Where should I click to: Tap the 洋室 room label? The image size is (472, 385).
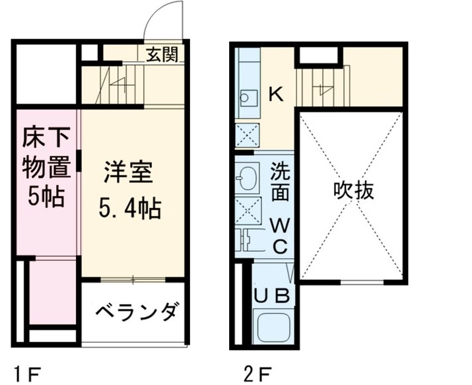[x=127, y=172]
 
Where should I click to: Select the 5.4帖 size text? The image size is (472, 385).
[x=129, y=209]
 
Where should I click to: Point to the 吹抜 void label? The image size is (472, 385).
[x=353, y=191]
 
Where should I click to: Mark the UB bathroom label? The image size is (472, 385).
[x=271, y=295]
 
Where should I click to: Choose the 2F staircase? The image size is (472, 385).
[x=321, y=87]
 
